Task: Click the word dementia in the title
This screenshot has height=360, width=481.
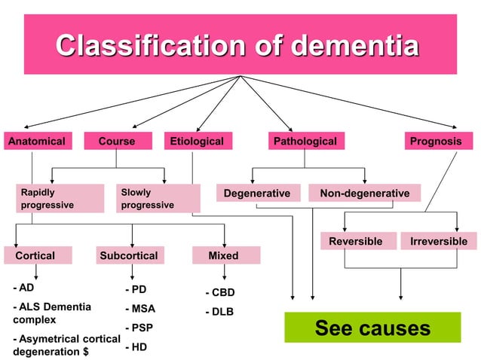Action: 354,46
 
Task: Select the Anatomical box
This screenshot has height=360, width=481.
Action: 36,141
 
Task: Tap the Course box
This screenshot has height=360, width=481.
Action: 117,141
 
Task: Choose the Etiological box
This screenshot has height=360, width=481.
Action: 198,141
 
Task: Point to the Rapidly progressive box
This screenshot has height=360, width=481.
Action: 60,199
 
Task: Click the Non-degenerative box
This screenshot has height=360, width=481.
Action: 364,194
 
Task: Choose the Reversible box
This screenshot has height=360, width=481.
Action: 357,241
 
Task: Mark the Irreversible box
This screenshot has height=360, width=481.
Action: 438,241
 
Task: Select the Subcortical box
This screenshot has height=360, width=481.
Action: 129,255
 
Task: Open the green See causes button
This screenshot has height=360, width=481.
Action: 372,328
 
